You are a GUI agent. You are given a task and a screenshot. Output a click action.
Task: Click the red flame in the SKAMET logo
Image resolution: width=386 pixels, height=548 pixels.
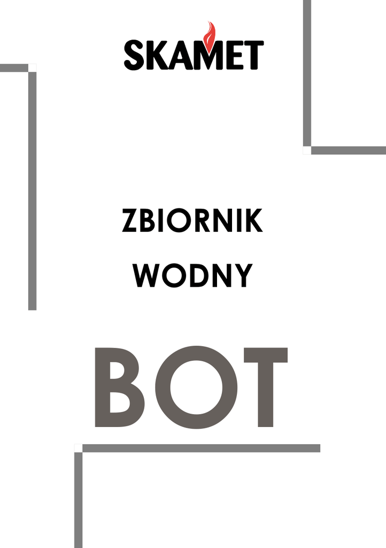pos(210,33)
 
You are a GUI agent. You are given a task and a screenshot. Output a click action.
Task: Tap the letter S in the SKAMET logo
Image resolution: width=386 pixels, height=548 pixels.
pos(135,55)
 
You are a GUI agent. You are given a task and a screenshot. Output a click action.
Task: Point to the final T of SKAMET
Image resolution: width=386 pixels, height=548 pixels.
pos(253,55)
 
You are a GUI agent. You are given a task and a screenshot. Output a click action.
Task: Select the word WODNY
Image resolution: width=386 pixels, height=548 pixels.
pos(192,275)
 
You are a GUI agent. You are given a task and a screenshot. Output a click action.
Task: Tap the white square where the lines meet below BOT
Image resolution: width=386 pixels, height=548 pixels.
pos(78,448)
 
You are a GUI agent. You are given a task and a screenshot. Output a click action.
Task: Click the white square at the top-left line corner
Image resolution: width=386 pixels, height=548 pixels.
pos(32,68)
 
